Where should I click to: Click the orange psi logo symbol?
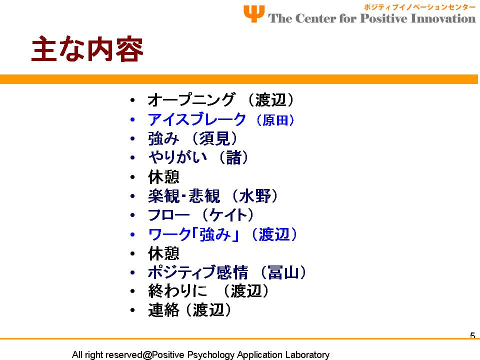tap(254, 14)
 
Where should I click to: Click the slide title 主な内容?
tap(87, 49)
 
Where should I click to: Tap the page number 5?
tap(472, 336)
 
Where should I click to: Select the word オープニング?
tap(191, 100)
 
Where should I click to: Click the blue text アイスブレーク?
tap(197, 119)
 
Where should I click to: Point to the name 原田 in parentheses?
tap(275, 120)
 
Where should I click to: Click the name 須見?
tap(214, 138)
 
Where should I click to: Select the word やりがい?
tap(177, 157)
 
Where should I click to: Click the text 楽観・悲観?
tap(184, 196)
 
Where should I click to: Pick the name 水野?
tap(255, 196)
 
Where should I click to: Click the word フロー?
tap(168, 215)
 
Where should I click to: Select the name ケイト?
tap(228, 215)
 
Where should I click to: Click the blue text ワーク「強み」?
tap(194, 235)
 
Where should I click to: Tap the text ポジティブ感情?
tap(198, 272)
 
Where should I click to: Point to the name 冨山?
tap(283, 272)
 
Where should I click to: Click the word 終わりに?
tap(177, 291)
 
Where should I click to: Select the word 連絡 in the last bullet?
tap(163, 310)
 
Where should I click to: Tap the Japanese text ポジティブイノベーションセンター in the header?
tap(419, 7)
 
